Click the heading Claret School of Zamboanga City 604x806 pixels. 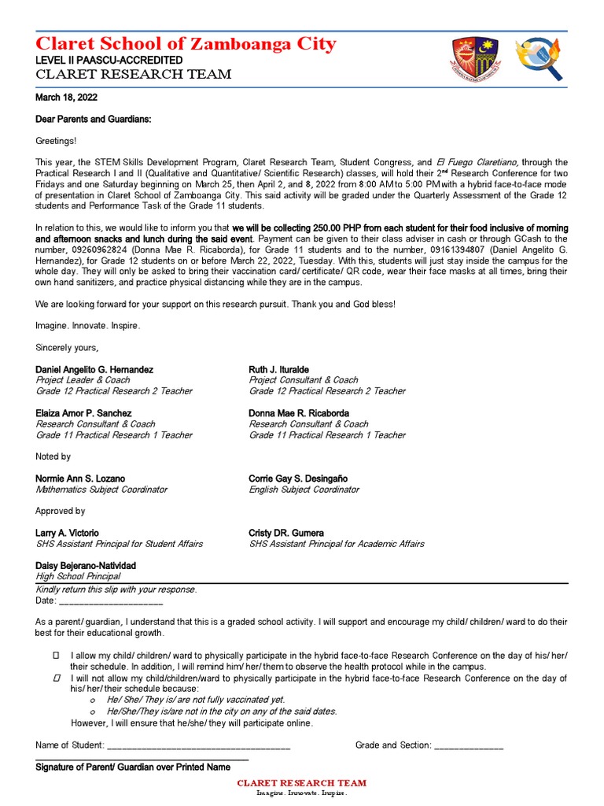coord(186,43)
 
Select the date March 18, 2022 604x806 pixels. coord(64,98)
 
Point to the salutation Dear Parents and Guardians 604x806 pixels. coord(93,119)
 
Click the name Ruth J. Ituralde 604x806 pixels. coord(278,369)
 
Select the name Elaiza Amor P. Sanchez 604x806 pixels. coord(83,413)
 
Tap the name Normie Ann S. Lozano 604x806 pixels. coord(80,479)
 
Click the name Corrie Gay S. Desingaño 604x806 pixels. coord(298,479)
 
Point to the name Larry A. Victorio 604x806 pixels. coord(68,533)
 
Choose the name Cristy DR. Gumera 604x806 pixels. coord(286,533)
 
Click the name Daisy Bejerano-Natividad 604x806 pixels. coord(86,566)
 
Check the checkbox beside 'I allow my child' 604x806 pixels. coord(56,656)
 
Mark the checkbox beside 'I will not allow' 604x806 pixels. coord(56,678)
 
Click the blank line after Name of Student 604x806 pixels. coord(198,745)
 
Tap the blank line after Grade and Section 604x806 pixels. coord(469,745)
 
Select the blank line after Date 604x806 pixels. coord(111,601)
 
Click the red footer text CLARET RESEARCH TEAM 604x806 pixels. coord(302,783)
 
